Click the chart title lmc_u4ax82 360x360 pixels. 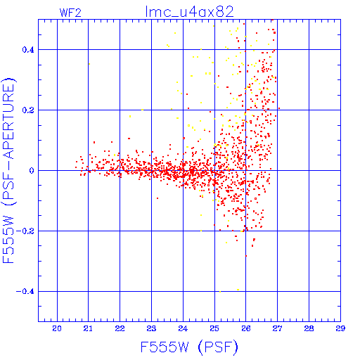point(189,12)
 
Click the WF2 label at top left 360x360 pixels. point(70,13)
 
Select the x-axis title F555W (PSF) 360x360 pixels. point(189,347)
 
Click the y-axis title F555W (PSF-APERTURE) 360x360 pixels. point(8,171)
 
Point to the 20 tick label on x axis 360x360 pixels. point(57,328)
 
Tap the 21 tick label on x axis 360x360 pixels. point(88,328)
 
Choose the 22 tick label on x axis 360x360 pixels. point(120,328)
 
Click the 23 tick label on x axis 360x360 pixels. point(151,328)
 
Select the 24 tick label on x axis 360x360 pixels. point(183,328)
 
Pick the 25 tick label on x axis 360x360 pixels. point(214,328)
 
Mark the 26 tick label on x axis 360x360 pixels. point(246,328)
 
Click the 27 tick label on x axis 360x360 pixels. point(277,328)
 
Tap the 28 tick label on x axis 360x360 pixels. point(309,328)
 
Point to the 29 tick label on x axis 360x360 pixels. point(340,328)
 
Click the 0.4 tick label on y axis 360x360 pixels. point(28,50)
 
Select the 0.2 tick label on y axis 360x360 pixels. point(28,110)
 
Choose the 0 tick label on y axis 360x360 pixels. point(32,171)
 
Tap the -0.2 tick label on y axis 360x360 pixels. point(25,231)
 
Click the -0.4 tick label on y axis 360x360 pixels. point(25,292)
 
